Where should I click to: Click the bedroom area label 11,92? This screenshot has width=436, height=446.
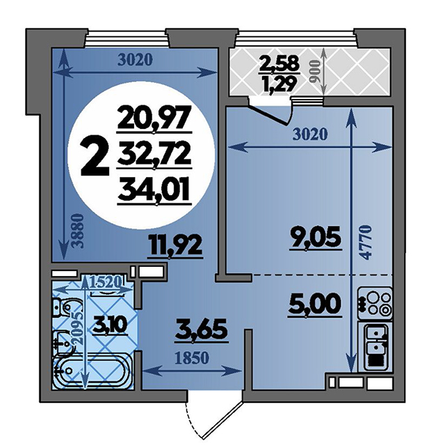coord(175,245)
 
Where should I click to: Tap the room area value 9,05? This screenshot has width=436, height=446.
coord(315,238)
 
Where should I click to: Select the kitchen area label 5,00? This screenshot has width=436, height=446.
coord(314,304)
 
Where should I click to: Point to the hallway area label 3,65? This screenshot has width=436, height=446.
coord(201,330)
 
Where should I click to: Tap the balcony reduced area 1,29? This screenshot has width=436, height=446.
coord(278,83)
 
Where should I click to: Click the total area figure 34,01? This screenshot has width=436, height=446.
coord(154,189)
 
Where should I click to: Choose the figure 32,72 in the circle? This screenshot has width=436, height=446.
coord(154,153)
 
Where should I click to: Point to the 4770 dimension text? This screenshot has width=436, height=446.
coord(367,243)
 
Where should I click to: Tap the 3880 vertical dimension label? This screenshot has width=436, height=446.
coord(79,231)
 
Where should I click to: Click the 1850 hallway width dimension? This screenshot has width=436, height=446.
coord(192,358)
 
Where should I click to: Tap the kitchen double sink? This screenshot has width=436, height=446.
coord(376,346)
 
